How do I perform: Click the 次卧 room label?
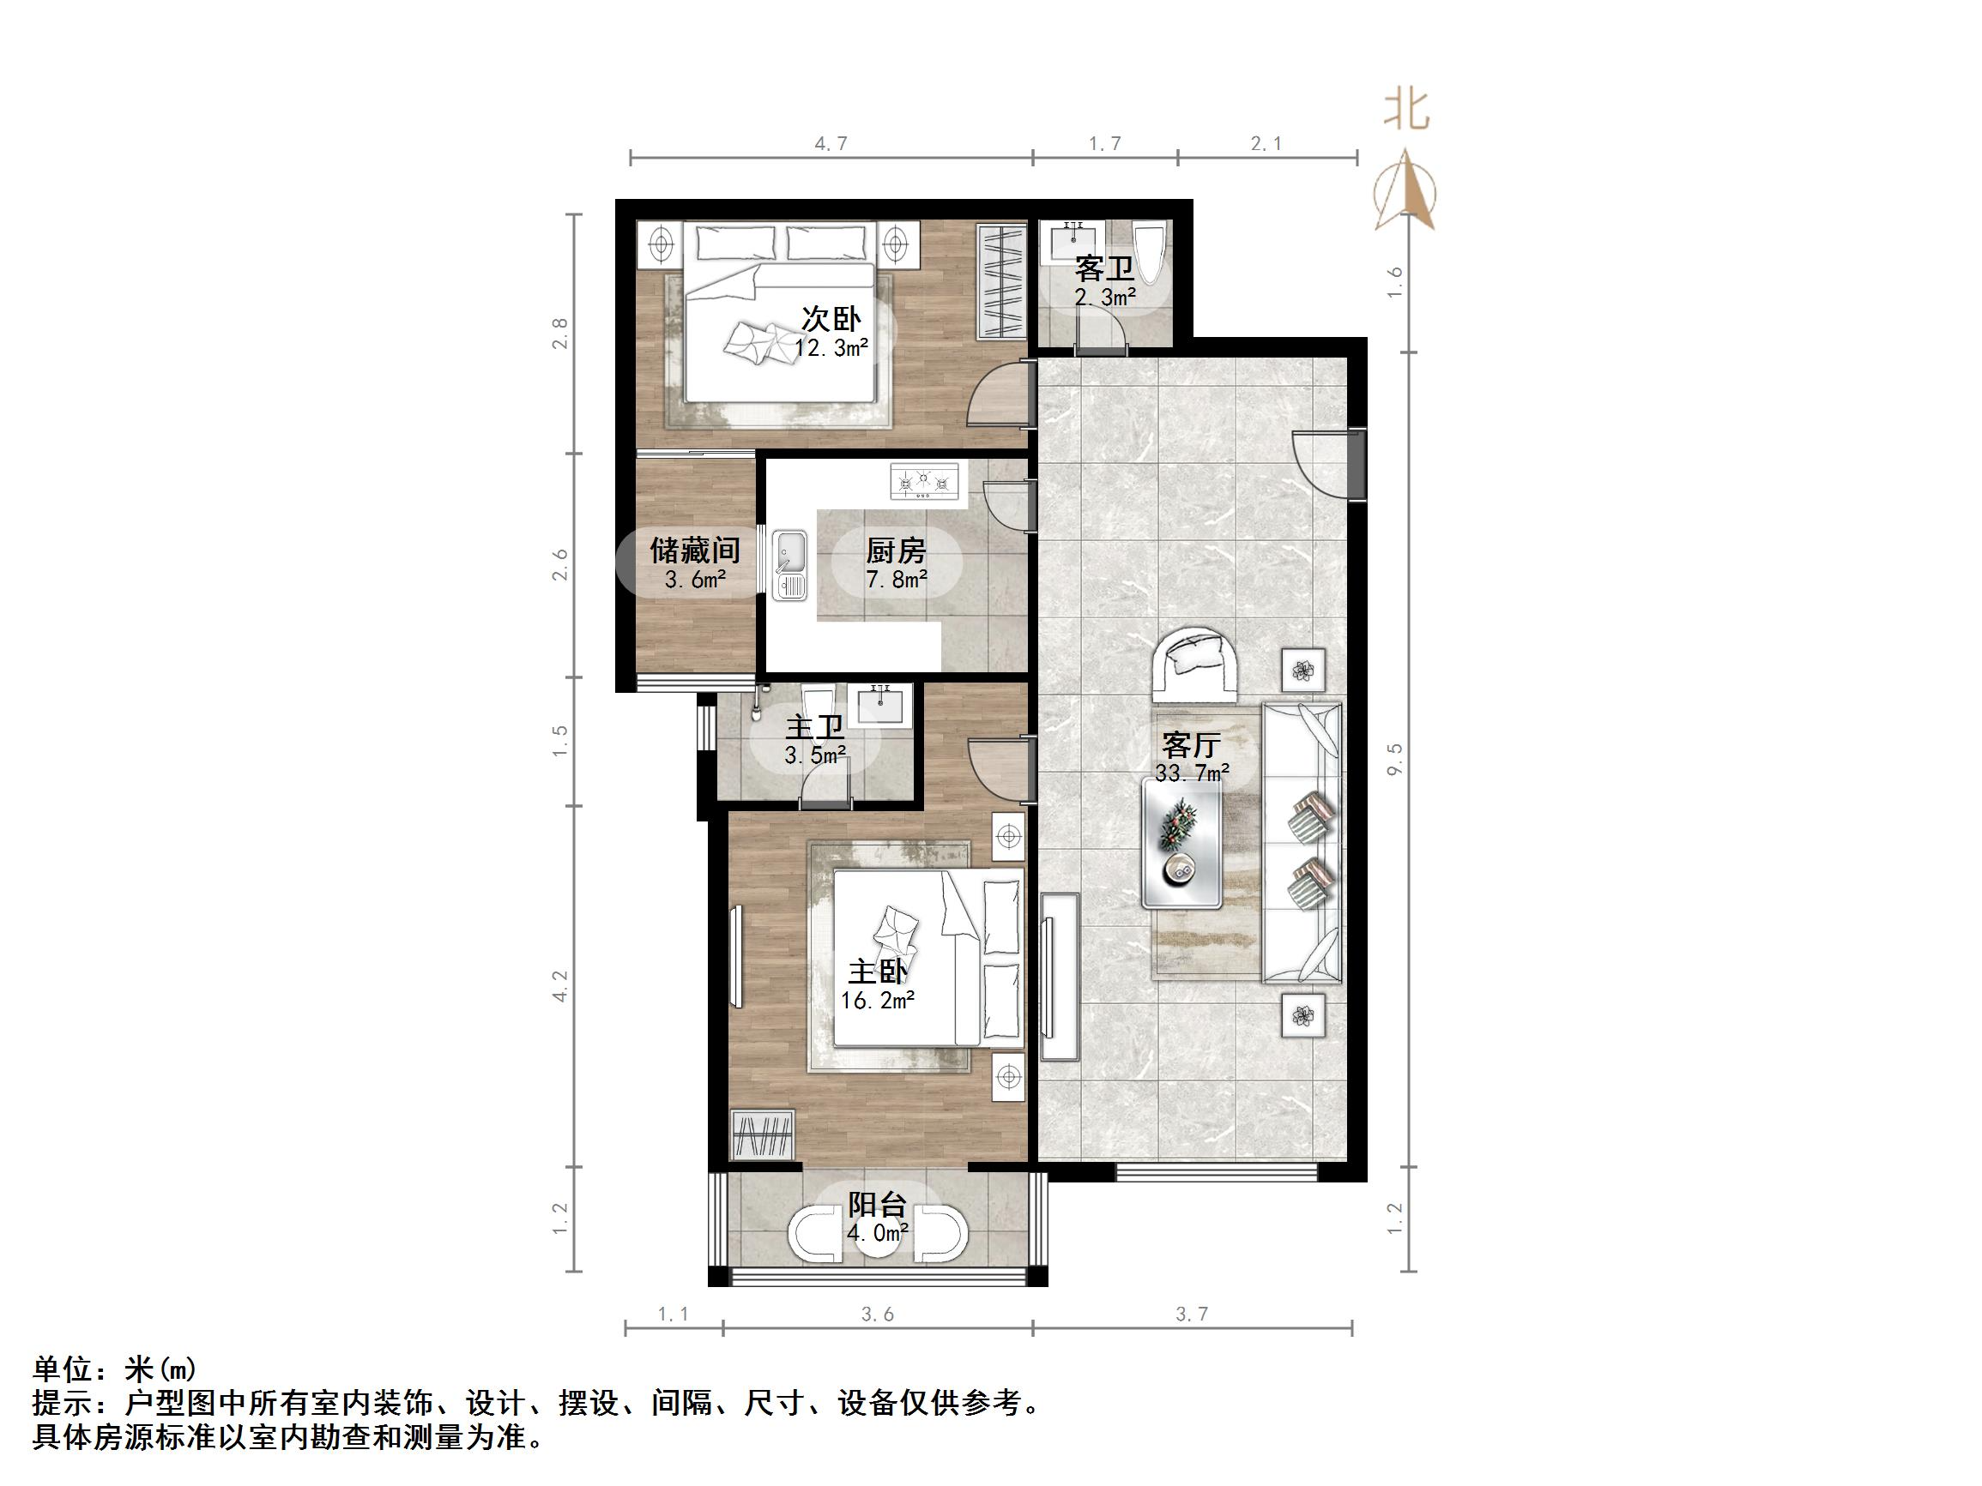tap(831, 319)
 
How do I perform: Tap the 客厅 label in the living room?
tap(1191, 744)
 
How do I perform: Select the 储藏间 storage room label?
tap(694, 550)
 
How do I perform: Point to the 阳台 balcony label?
tap(877, 1206)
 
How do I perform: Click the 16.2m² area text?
tap(877, 1001)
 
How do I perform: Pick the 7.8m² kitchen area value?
tap(896, 580)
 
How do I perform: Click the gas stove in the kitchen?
tap(924, 482)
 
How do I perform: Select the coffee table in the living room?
tap(1181, 843)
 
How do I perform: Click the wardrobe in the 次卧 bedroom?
tap(1000, 281)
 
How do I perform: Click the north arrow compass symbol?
tap(1405, 191)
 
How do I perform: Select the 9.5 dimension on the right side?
tap(1394, 759)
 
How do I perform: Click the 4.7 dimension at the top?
tap(830, 143)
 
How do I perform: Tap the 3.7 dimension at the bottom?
tap(1191, 1314)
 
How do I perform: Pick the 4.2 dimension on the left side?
tap(560, 986)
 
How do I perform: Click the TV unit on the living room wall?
tap(1059, 977)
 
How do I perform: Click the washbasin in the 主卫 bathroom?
tap(883, 703)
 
